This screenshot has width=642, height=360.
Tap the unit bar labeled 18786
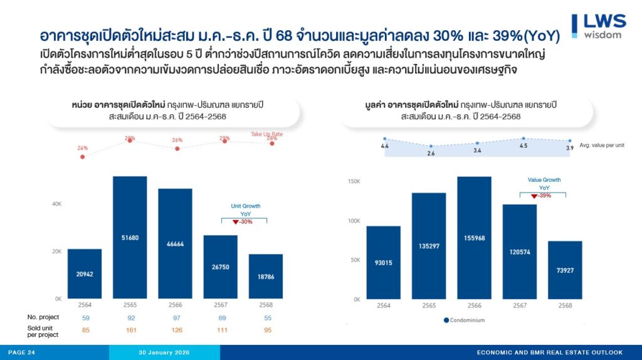pyautogui.click(x=266, y=276)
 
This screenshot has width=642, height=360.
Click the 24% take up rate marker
pyautogui.click(x=83, y=156)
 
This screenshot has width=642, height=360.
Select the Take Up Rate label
pyautogui.click(x=268, y=134)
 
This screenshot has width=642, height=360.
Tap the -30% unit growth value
pyautogui.click(x=245, y=222)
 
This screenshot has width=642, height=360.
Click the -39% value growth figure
pyautogui.click(x=544, y=196)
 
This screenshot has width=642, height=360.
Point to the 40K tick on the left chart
pyautogui.click(x=56, y=204)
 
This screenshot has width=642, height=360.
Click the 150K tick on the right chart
pyautogui.click(x=354, y=181)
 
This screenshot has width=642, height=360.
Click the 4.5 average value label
pyautogui.click(x=524, y=146)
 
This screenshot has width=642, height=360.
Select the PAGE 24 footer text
pyautogui.click(x=22, y=352)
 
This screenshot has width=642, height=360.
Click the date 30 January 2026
pyautogui.click(x=164, y=352)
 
